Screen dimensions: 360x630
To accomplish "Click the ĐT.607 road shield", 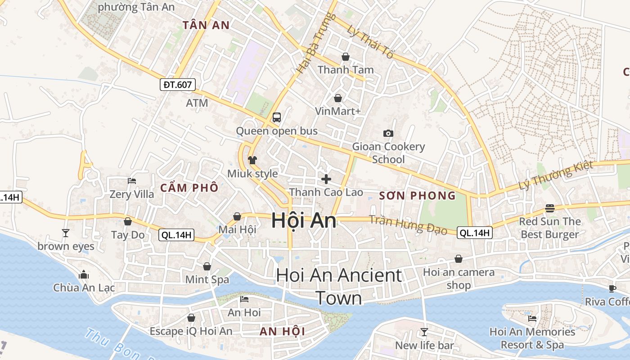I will click(x=178, y=84).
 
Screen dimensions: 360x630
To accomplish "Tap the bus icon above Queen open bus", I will click(x=276, y=117).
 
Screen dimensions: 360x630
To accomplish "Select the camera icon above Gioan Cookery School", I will click(x=388, y=133).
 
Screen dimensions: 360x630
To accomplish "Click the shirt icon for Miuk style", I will click(x=252, y=160).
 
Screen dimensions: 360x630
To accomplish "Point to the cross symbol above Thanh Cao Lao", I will click(x=326, y=179).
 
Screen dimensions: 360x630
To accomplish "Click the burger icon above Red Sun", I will click(x=549, y=208).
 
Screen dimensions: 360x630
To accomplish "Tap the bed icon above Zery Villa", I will click(x=131, y=181).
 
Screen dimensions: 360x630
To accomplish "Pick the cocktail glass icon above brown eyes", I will click(x=66, y=233).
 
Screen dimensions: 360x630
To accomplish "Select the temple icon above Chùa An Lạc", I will click(x=84, y=274).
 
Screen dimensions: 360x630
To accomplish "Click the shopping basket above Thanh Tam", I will click(x=346, y=57).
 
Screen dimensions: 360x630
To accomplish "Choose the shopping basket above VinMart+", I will click(x=337, y=98).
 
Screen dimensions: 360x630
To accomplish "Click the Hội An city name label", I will click(x=304, y=220).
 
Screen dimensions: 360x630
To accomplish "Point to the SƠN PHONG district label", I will click(x=417, y=196).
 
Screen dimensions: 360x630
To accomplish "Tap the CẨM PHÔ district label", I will click(x=189, y=188).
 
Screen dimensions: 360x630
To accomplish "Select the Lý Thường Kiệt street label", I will click(x=556, y=176).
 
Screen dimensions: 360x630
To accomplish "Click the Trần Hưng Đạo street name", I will click(x=408, y=224).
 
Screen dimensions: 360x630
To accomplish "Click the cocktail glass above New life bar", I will click(x=424, y=332).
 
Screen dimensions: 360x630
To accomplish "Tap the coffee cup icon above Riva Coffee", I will click(x=612, y=288).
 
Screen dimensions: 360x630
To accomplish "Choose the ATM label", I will click(x=197, y=103).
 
